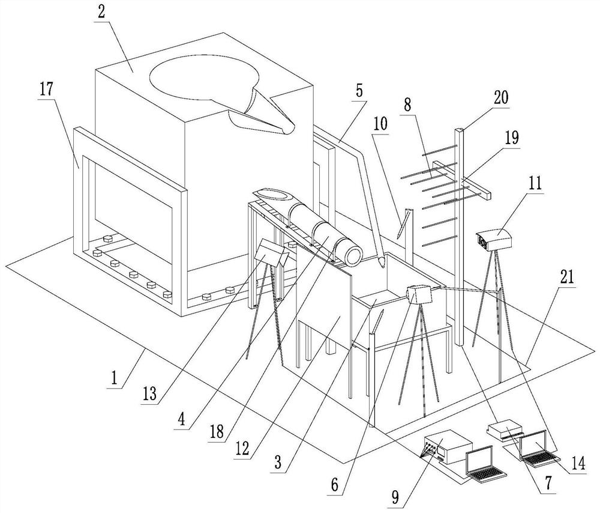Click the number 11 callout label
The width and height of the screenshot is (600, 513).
pos(533,183)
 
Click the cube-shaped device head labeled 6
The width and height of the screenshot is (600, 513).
pos(420,294)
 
